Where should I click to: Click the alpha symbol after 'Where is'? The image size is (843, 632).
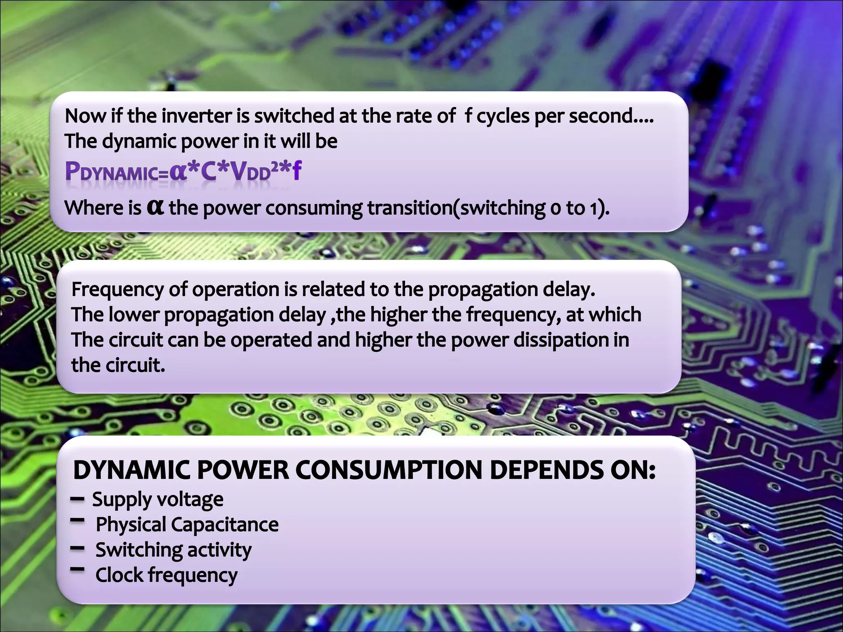(x=155, y=207)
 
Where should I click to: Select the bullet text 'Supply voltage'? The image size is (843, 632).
(x=158, y=500)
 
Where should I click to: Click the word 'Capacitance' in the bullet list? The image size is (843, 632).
(x=225, y=525)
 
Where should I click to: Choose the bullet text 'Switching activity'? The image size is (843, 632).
(x=173, y=550)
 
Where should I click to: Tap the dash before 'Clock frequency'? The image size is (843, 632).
(x=77, y=569)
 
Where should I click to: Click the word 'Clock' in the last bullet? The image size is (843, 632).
(x=119, y=575)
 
